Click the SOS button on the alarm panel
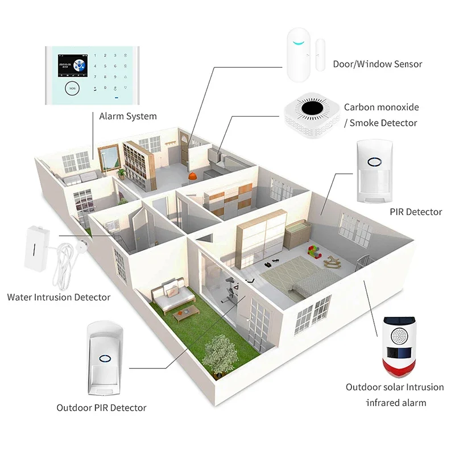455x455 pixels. (x=72, y=88)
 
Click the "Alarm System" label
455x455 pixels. (x=128, y=116)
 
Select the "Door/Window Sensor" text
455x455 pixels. (x=378, y=64)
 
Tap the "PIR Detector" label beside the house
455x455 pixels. (x=416, y=212)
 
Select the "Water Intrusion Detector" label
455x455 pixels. (x=59, y=297)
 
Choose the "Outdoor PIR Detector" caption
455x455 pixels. (x=101, y=407)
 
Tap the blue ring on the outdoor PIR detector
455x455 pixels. (x=104, y=359)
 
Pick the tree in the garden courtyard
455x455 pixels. (x=216, y=350)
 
